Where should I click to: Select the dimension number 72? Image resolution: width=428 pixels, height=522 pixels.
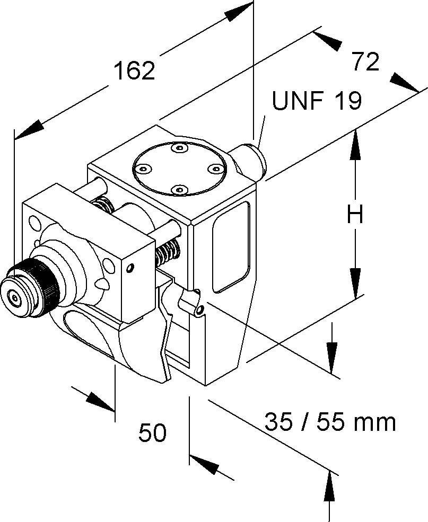click(365, 62)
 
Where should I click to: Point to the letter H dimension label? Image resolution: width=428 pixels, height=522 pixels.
click(355, 215)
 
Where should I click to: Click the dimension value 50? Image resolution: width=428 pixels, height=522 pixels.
click(152, 433)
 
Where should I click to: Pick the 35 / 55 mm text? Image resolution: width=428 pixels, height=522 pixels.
click(330, 422)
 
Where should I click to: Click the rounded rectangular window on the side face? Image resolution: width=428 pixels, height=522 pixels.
click(231, 246)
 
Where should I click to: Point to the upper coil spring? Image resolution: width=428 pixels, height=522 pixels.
click(104, 204)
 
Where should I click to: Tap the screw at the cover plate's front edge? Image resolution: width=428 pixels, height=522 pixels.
click(180, 189)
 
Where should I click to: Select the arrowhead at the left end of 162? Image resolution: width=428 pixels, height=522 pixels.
click(29, 129)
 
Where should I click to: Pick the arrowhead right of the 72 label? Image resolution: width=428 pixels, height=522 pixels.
click(404, 83)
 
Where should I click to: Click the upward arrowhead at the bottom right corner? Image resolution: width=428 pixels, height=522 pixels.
click(330, 485)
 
